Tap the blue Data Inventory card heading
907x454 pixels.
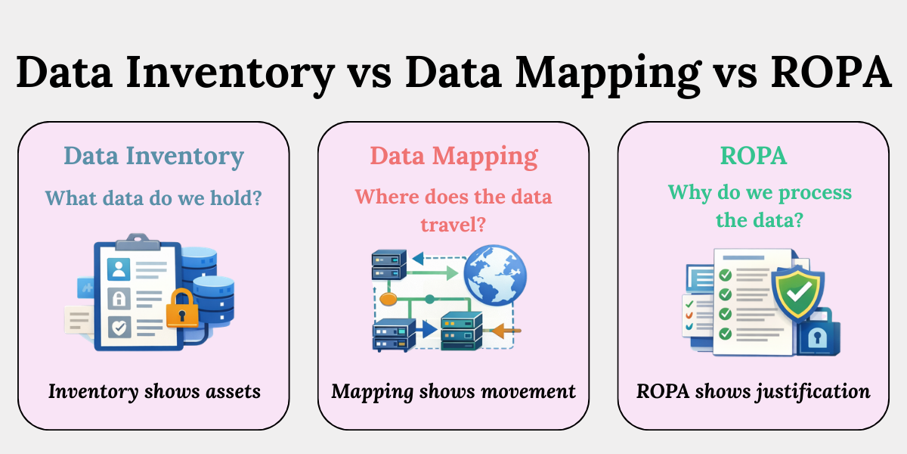(x=153, y=157)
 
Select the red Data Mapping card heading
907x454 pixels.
(x=453, y=157)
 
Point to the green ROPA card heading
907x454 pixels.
(x=753, y=157)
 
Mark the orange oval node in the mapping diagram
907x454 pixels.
(x=388, y=299)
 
